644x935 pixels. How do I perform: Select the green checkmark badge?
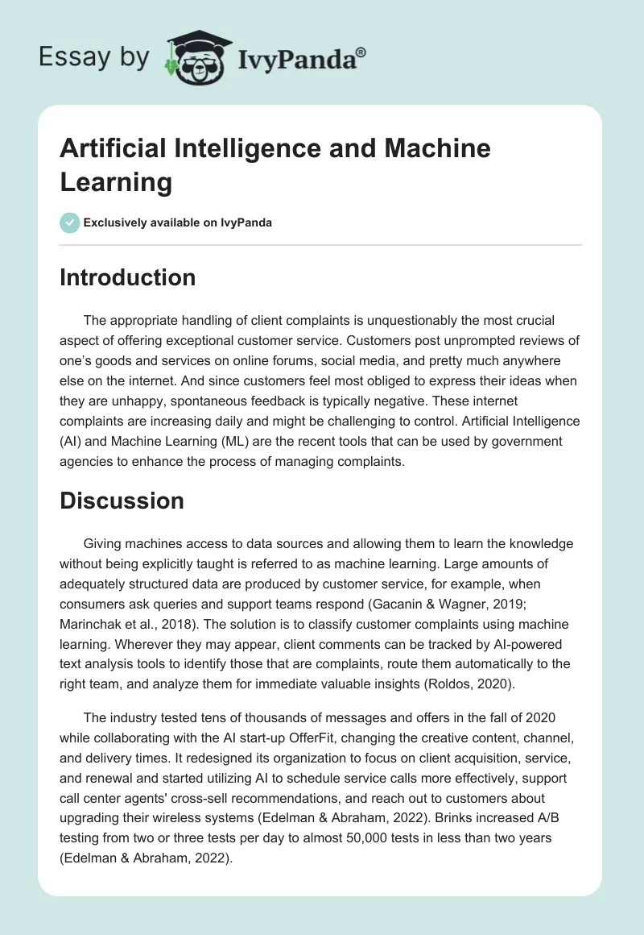tap(70, 223)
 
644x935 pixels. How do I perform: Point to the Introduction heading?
tap(128, 277)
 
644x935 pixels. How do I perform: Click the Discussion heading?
tap(122, 501)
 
